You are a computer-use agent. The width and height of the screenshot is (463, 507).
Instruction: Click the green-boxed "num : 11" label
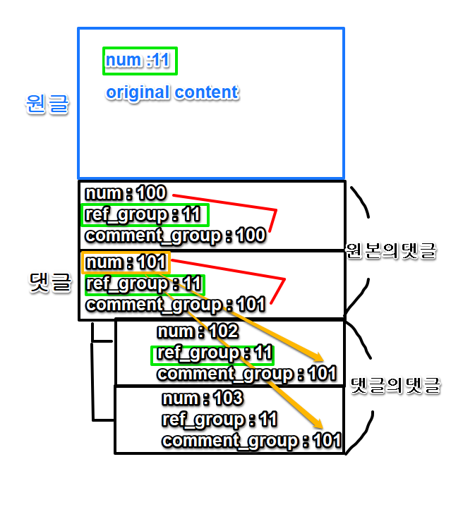pyautogui.click(x=139, y=61)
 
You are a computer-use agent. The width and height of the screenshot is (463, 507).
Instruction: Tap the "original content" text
pyautogui.click(x=172, y=92)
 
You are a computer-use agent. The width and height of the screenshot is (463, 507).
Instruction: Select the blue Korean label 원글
pyautogui.click(x=47, y=104)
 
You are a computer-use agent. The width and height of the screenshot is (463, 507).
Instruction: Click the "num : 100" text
pyautogui.click(x=126, y=193)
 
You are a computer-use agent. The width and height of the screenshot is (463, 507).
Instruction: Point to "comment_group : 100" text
pyautogui.click(x=175, y=236)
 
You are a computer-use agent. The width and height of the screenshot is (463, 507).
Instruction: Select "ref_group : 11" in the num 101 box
pyautogui.click(x=144, y=284)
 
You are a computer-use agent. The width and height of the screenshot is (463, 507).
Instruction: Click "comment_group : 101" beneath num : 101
pyautogui.click(x=175, y=305)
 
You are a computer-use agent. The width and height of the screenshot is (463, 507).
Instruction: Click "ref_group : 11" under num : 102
pyautogui.click(x=212, y=353)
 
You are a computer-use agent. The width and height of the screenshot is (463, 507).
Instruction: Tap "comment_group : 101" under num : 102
pyautogui.click(x=246, y=374)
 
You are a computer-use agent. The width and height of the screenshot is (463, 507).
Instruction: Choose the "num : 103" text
pyautogui.click(x=203, y=399)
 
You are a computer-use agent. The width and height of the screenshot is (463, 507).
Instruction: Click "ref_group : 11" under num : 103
pyautogui.click(x=219, y=420)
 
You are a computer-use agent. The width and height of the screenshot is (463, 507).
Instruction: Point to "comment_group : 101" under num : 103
pyautogui.click(x=251, y=441)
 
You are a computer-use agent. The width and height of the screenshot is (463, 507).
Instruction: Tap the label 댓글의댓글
pyautogui.click(x=396, y=386)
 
